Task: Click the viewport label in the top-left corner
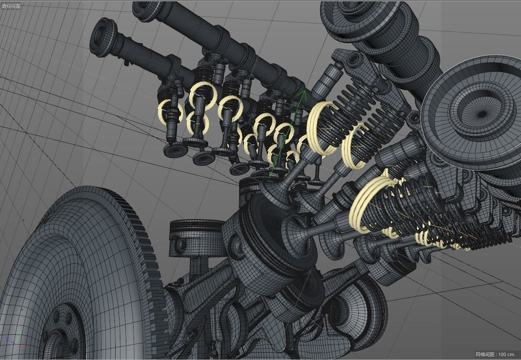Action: click(x=11, y=6)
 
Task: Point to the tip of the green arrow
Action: click(x=304, y=91)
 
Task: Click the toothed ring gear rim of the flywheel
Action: click(x=141, y=240)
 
